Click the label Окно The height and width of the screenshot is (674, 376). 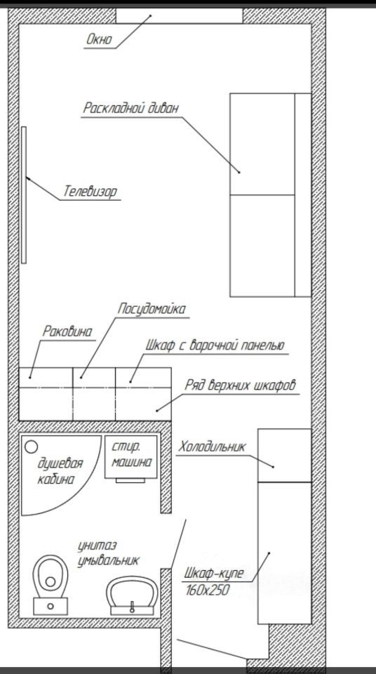(x=100, y=40)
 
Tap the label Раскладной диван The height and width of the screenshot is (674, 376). (x=130, y=108)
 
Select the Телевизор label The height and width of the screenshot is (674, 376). (x=90, y=191)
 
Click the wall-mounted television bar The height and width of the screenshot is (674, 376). (x=24, y=194)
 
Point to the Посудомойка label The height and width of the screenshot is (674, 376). (x=152, y=309)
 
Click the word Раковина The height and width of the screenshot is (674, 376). (x=67, y=331)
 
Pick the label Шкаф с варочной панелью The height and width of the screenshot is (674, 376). (x=215, y=345)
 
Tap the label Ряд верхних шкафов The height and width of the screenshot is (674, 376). (x=241, y=385)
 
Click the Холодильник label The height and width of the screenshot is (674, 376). (x=213, y=447)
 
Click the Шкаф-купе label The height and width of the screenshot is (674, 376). (x=214, y=574)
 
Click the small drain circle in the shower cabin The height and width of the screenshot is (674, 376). (x=31, y=447)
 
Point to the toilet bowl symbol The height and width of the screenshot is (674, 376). (x=51, y=576)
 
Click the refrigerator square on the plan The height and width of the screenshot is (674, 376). (x=284, y=455)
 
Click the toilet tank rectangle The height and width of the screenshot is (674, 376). (x=51, y=606)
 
